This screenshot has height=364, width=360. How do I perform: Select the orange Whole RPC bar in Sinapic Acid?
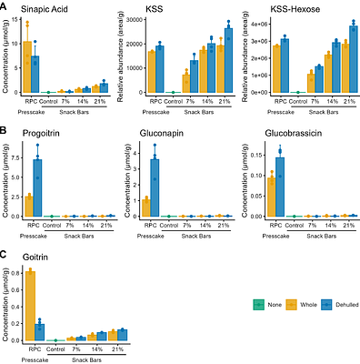[27, 67]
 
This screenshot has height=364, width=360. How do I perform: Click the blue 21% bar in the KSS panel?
[227, 61]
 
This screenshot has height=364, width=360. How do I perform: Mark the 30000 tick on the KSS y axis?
[134, 19]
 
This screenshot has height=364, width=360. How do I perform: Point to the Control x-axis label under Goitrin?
[54, 349]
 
